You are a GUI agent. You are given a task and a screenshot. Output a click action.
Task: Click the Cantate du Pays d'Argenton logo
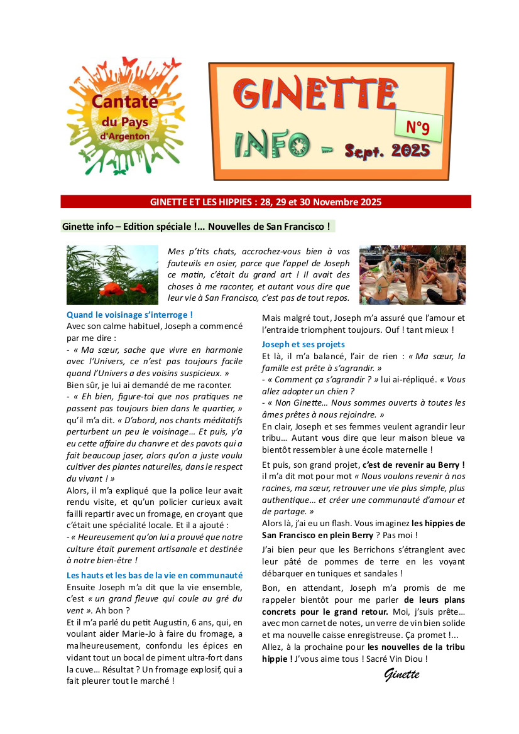point(126,116)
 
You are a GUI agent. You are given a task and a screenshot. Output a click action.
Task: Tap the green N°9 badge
point(418,127)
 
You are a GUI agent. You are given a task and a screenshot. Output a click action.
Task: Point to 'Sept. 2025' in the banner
point(387,151)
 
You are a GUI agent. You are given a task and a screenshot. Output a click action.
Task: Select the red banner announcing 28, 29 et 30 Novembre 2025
point(266,202)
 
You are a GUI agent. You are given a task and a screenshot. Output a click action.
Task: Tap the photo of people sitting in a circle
point(412,274)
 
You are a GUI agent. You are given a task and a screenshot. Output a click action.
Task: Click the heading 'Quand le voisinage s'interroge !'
point(129,315)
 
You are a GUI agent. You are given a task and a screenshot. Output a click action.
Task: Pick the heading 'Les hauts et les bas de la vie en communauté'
point(155,575)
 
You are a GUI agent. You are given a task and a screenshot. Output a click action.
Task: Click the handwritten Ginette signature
point(402,675)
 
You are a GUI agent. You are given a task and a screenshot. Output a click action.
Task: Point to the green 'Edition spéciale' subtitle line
point(197,226)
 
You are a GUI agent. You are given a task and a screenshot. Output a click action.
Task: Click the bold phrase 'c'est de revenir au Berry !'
point(413,465)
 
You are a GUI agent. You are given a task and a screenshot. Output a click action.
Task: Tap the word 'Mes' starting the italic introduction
point(176,251)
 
